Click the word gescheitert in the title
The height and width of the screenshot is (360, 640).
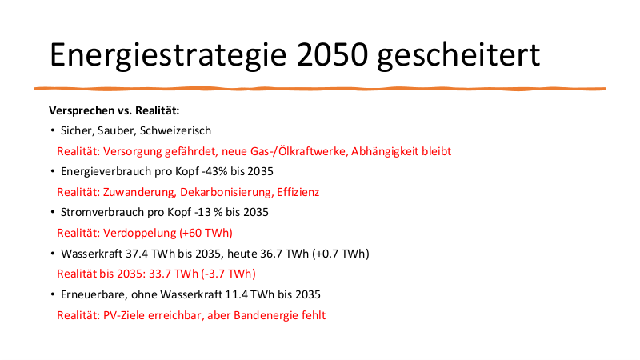[x=458, y=55]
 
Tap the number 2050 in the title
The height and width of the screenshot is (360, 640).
[x=333, y=54]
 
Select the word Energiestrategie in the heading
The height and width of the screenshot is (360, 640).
[x=168, y=55]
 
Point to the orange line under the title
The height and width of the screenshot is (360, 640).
[x=320, y=89]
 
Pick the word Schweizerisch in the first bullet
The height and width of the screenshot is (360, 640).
[x=175, y=130]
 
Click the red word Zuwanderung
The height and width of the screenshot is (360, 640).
[x=140, y=192]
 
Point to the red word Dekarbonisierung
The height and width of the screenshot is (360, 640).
[x=226, y=192]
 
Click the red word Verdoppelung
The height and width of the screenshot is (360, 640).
[x=139, y=233]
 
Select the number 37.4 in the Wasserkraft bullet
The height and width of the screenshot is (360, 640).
[x=137, y=254]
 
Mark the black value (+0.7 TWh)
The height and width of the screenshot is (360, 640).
[x=341, y=254]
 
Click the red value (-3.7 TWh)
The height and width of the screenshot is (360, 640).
[x=228, y=274]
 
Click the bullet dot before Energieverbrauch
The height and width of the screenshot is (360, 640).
[x=53, y=171]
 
